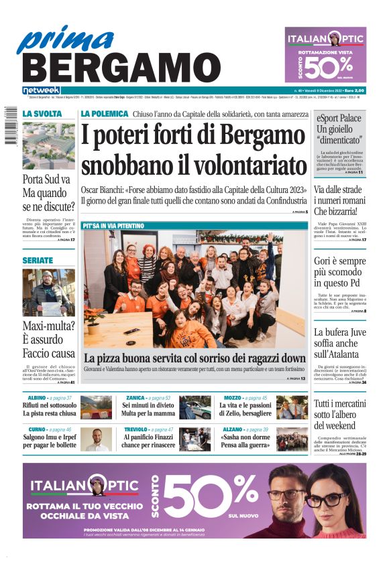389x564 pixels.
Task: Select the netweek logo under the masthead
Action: click(x=42, y=90)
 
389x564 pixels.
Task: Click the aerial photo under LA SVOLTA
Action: click(x=48, y=146)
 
